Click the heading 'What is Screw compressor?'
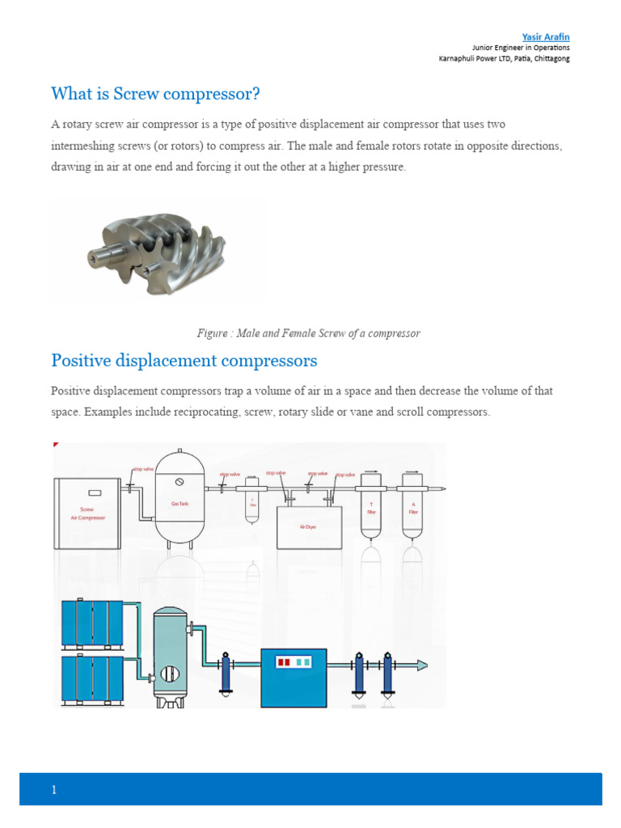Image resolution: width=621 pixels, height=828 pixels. (155, 94)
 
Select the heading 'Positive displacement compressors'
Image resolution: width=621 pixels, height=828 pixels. (184, 360)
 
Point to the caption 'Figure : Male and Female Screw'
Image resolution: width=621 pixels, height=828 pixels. (309, 333)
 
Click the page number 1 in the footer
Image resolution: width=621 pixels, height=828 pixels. (54, 790)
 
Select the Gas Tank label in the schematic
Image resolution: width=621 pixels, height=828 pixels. (180, 502)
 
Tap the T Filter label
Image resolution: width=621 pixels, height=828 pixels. (371, 507)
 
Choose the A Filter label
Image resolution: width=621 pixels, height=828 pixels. (413, 507)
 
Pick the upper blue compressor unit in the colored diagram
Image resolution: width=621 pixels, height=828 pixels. (92, 623)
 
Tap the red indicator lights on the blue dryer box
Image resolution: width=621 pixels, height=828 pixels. (284, 661)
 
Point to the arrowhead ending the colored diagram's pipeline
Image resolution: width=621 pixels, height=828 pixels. (421, 665)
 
